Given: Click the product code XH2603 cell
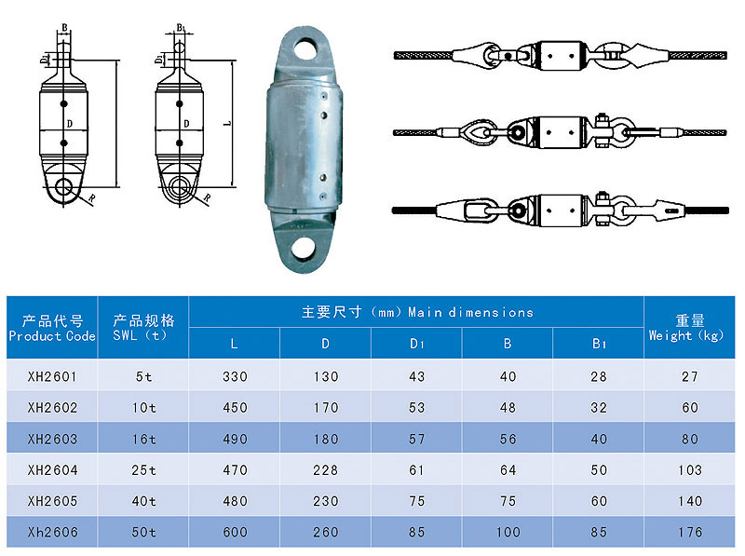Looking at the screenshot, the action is click(x=52, y=439).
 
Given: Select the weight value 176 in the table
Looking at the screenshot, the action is click(x=689, y=532).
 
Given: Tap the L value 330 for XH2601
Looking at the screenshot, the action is click(x=235, y=376).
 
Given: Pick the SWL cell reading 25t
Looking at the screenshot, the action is click(x=143, y=470).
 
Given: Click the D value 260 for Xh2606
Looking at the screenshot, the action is click(x=325, y=532).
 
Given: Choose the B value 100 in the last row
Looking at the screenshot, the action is click(x=508, y=532).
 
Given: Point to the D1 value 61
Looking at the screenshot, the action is click(x=416, y=470).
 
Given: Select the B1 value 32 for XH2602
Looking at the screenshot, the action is click(x=599, y=407).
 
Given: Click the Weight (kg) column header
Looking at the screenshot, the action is click(x=686, y=328).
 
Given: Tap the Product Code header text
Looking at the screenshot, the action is click(x=52, y=336).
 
